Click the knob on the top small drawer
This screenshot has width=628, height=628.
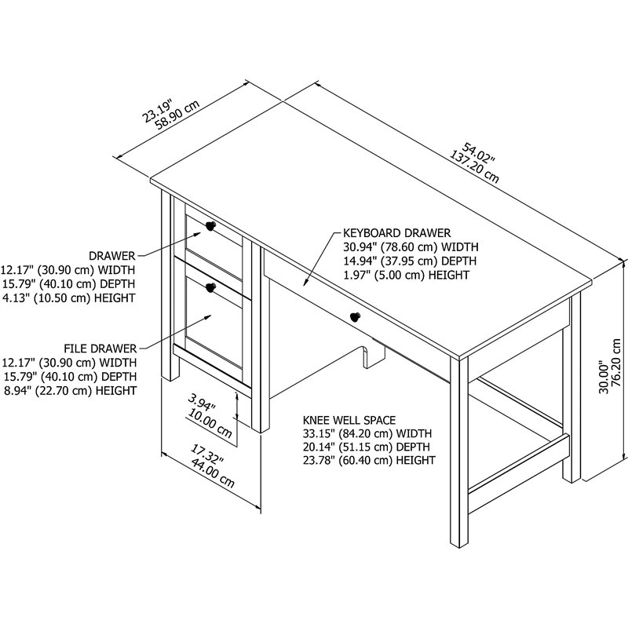[x=210, y=227]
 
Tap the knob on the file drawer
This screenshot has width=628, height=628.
[x=210, y=288]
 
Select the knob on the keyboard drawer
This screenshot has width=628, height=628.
[x=355, y=316]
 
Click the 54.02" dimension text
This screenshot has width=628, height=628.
[x=480, y=152]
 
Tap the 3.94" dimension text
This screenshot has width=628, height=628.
[x=202, y=403]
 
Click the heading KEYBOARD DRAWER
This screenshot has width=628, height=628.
[x=396, y=233]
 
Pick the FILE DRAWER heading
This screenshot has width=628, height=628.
[x=101, y=348]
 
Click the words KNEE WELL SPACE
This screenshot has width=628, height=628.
[x=349, y=420]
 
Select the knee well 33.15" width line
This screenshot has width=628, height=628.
[x=367, y=433]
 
